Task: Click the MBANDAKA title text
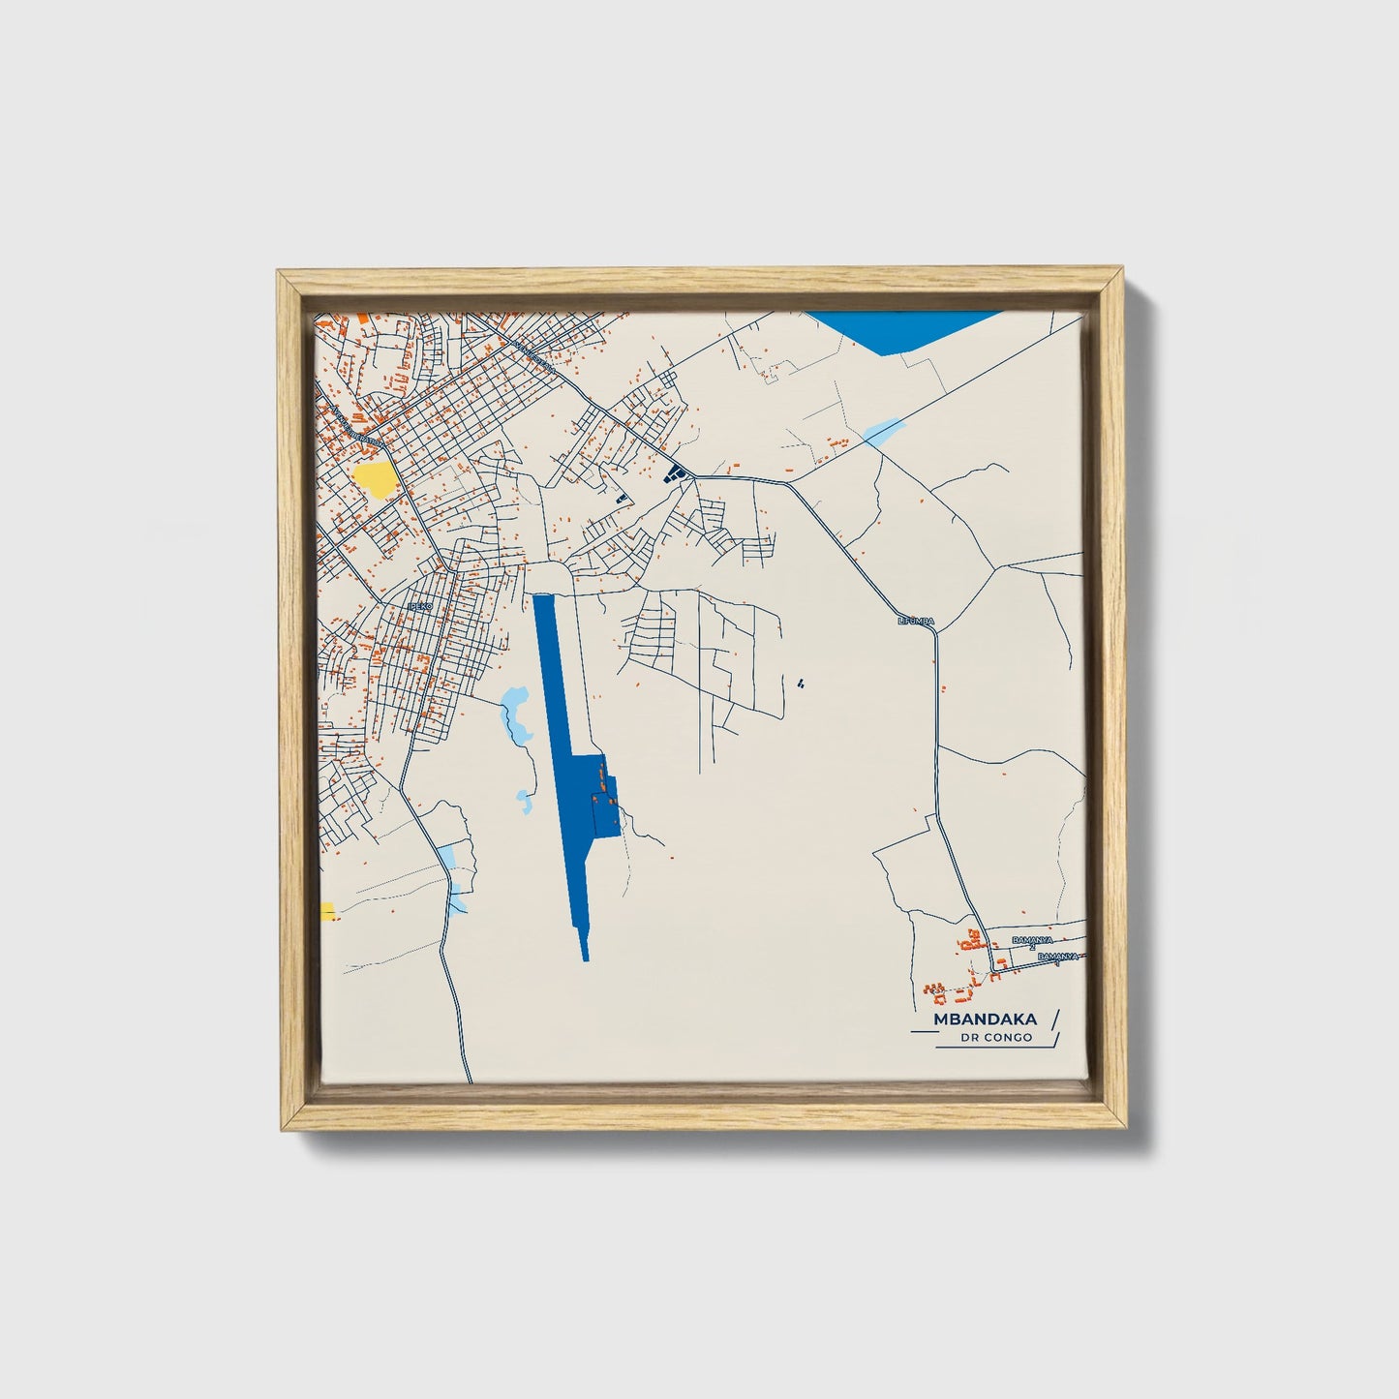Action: [x=985, y=1019]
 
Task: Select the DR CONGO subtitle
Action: [x=996, y=1038]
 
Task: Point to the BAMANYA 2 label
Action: [x=1032, y=941]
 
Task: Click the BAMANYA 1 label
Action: [x=1056, y=958]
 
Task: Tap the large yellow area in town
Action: [x=375, y=478]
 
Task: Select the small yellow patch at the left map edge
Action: [x=327, y=911]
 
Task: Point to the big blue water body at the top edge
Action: [x=900, y=329]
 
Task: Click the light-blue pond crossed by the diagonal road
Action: [x=882, y=431]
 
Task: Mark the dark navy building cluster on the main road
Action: [x=674, y=472]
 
